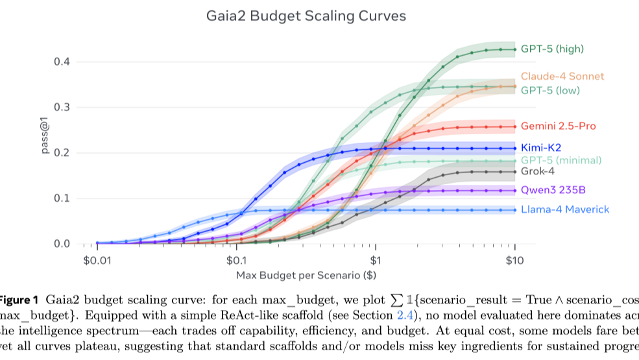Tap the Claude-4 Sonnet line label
[562, 77]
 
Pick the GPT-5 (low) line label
[550, 90]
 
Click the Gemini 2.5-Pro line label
[558, 126]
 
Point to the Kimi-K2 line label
[540, 148]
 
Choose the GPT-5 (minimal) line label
[561, 160]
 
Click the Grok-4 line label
[538, 172]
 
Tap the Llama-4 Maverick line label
[565, 210]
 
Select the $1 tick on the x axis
[375, 261]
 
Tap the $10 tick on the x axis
[514, 261]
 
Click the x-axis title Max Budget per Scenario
[306, 276]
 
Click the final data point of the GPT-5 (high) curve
[514, 49]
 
